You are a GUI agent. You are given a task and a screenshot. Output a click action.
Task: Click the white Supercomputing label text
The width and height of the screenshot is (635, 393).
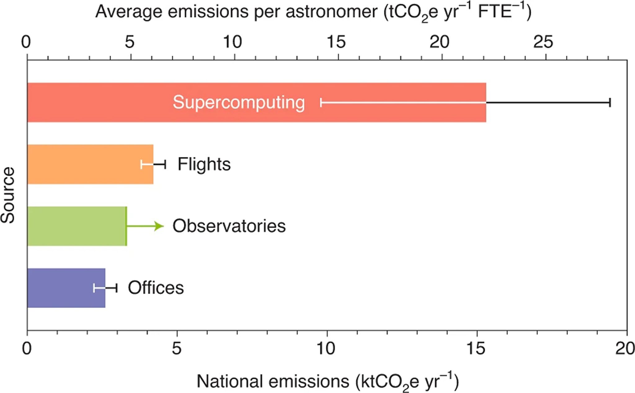[238, 103]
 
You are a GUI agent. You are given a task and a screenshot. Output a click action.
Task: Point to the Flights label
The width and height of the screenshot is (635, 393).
[204, 164]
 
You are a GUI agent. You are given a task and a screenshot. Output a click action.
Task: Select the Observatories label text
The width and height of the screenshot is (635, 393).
[229, 226]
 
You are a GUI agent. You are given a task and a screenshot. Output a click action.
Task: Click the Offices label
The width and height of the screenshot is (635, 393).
[156, 288]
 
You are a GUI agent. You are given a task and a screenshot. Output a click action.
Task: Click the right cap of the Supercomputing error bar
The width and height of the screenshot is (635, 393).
[610, 103]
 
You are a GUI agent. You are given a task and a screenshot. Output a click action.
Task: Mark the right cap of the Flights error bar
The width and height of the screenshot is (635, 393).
[165, 164]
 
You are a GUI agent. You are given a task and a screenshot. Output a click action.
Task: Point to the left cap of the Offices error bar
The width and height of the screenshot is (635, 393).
[94, 288]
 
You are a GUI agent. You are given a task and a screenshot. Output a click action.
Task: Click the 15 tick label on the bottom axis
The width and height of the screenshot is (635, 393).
[476, 349]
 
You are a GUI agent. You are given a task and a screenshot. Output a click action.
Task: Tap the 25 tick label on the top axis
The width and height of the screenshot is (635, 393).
[543, 42]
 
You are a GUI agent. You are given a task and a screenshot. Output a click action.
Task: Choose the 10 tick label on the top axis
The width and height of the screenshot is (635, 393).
[233, 42]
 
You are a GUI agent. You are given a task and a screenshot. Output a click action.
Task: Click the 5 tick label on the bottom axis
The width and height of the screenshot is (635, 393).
[176, 349]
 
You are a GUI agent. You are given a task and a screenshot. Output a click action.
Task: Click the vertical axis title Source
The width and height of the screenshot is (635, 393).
[8, 195]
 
